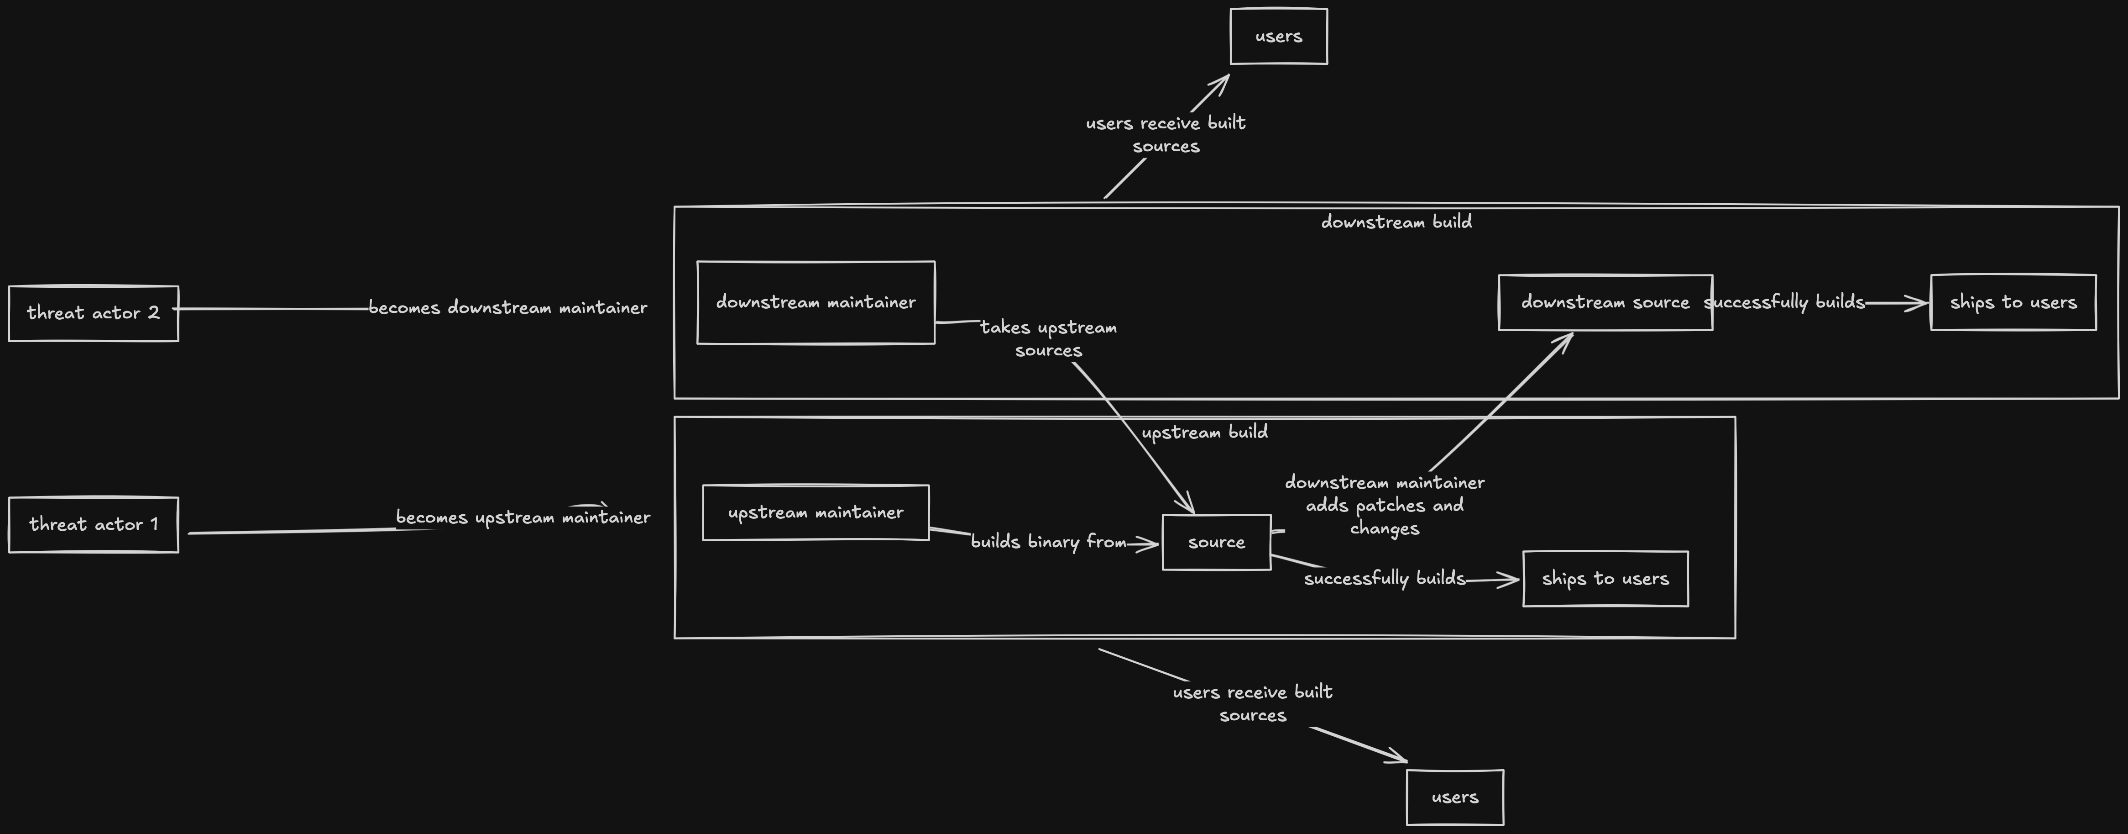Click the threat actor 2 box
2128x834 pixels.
point(94,313)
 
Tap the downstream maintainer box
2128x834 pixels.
point(816,302)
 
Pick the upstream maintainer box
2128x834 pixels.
point(816,512)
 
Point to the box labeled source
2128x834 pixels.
point(1216,542)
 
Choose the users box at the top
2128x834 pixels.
point(1278,37)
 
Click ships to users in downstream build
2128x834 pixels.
point(2013,302)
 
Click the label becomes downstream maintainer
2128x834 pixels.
point(507,307)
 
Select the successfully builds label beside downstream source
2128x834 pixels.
point(1784,302)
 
